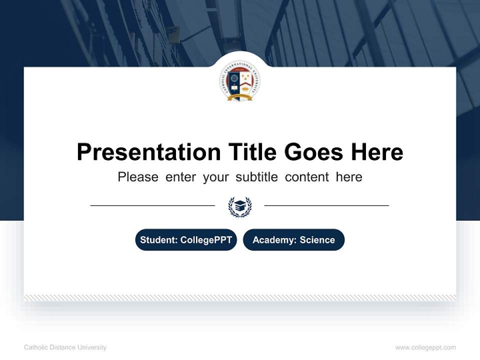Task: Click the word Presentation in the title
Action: pyautogui.click(x=148, y=152)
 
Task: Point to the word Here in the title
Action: pyautogui.click(x=376, y=152)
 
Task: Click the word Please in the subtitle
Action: pyautogui.click(x=138, y=177)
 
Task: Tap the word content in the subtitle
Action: pyautogui.click(x=307, y=177)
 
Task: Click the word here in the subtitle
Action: pyautogui.click(x=349, y=177)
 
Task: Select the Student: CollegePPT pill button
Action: pyautogui.click(x=186, y=240)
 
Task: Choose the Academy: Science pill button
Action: pyautogui.click(x=293, y=240)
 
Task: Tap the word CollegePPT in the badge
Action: pyautogui.click(x=206, y=240)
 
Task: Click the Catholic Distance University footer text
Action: pyautogui.click(x=65, y=347)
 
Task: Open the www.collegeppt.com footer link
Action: pyautogui.click(x=425, y=347)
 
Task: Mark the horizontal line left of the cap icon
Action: pyautogui.click(x=152, y=205)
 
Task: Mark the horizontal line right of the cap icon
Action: pyautogui.click(x=326, y=205)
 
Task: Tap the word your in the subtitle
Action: pyautogui.click(x=215, y=177)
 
